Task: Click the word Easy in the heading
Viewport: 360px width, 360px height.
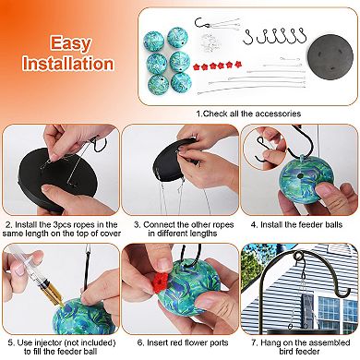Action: pos(70,42)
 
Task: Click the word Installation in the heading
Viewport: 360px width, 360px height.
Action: pos(68,64)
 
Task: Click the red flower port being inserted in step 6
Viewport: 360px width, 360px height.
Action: pos(160,282)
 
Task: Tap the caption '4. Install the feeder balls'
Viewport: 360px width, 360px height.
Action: pos(296,224)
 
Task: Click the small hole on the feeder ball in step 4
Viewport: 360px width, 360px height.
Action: pos(300,175)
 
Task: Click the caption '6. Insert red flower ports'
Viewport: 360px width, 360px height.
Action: pos(183,342)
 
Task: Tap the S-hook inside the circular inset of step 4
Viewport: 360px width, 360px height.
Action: pos(263,150)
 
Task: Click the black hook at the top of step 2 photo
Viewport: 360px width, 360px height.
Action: pos(100,145)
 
